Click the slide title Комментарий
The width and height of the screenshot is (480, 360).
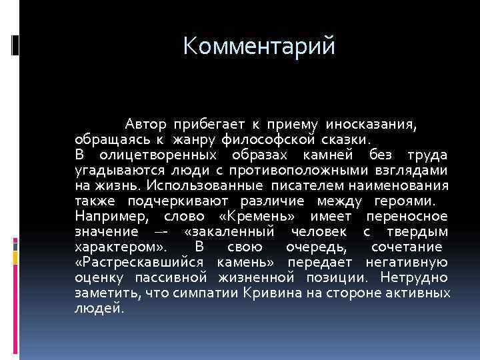point(261,47)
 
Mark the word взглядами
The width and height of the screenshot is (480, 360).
point(416,170)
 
